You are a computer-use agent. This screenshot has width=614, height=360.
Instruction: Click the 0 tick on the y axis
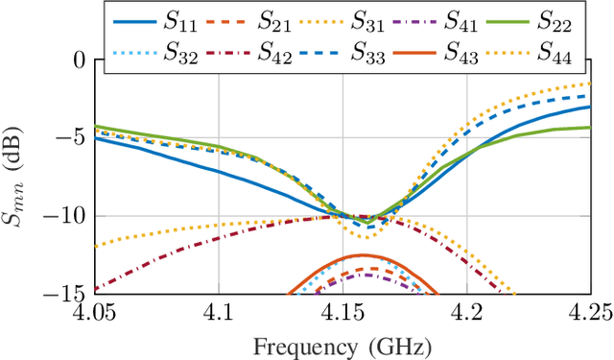click(x=80, y=60)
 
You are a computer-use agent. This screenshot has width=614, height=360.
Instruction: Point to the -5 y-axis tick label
click(x=74, y=138)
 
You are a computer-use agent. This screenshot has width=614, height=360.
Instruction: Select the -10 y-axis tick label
click(x=68, y=216)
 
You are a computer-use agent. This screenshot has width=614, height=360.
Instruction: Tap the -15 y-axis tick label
click(x=68, y=294)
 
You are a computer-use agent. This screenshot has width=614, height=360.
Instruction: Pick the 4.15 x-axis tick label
click(x=342, y=314)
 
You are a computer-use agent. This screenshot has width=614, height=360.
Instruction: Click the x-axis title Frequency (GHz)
click(x=342, y=344)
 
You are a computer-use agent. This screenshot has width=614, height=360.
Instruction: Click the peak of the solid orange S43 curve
click(x=363, y=255)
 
